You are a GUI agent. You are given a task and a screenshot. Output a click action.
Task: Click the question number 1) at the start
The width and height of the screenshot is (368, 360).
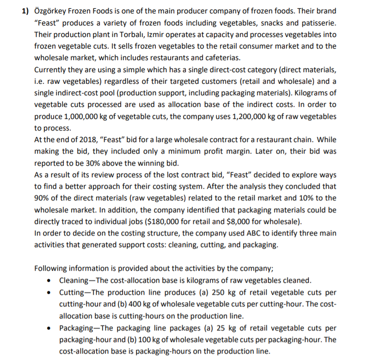pyautogui.click(x=27, y=11)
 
